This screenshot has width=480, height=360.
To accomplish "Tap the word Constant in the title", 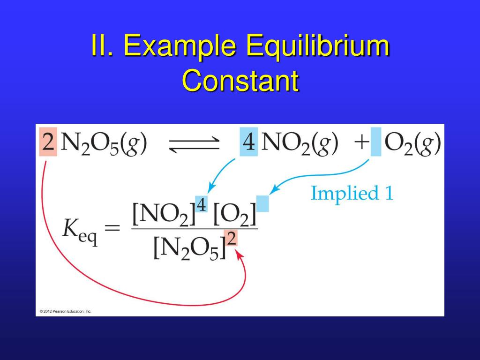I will (x=240, y=81).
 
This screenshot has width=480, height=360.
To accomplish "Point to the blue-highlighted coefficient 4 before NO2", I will (x=248, y=142).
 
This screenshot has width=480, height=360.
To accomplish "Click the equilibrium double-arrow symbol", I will (x=193, y=144).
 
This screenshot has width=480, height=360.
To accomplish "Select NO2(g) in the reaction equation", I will (x=300, y=143).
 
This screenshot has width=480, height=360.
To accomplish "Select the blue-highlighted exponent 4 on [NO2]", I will (x=202, y=204).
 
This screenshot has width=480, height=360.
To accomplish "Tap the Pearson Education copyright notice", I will (x=66, y=311).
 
